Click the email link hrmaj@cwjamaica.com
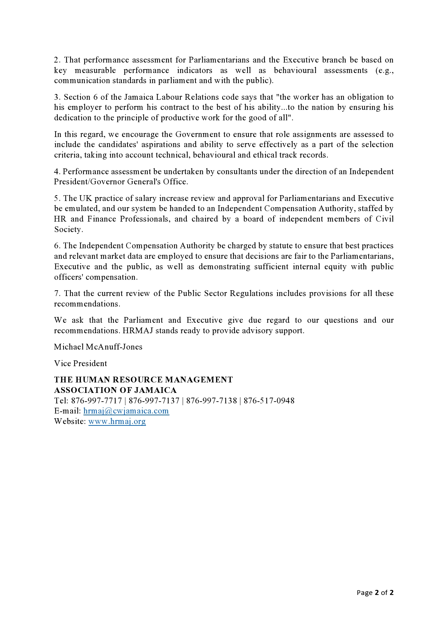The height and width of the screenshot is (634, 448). coord(126,411)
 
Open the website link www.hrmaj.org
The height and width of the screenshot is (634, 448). coord(117,421)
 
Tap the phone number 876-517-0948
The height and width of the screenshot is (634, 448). coord(269,401)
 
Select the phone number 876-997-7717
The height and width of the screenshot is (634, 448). coord(96,401)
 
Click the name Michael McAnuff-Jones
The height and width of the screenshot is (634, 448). coord(98,347)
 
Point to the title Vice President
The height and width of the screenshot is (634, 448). coord(81,364)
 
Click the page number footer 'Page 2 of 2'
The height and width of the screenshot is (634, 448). coord(375,592)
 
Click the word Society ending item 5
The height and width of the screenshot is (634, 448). coord(68,230)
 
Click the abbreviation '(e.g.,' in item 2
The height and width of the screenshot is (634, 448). coord(384,70)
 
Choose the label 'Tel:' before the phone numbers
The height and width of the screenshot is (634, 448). coord(61,401)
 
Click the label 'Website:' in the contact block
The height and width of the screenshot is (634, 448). coord(70,421)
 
